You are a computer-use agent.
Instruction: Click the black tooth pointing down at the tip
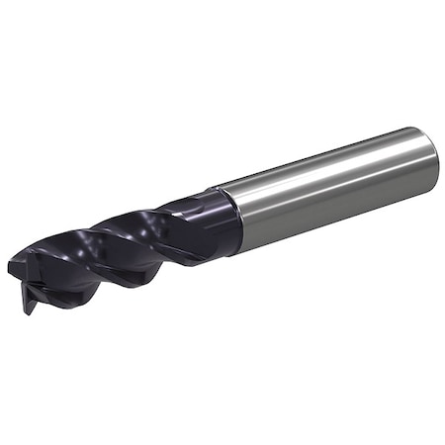click(30, 302)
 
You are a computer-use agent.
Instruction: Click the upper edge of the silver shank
click(316, 158)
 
